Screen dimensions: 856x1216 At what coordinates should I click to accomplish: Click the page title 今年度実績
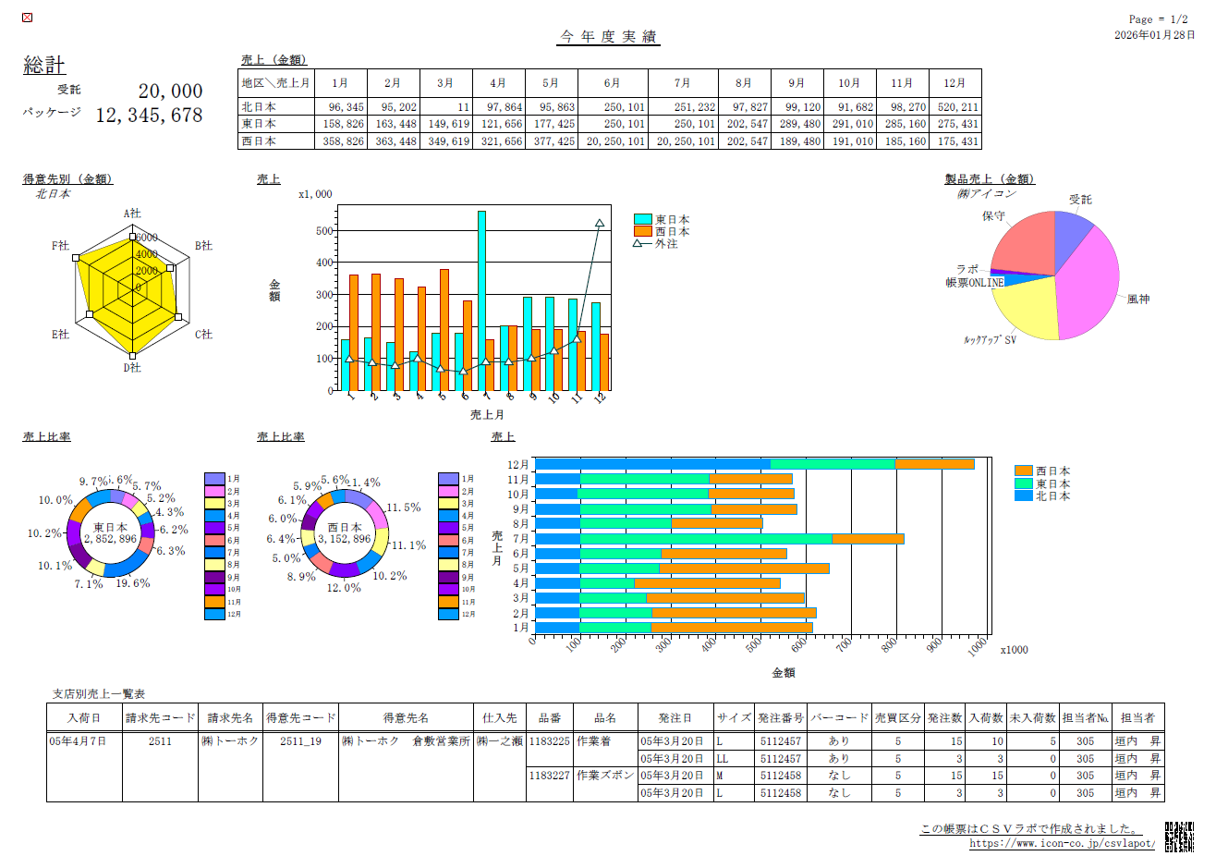pos(608,37)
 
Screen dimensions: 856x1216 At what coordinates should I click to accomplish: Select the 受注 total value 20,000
pos(170,92)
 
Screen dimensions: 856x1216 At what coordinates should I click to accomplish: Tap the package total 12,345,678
pos(149,116)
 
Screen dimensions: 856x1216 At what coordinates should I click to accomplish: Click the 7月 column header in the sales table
pos(682,83)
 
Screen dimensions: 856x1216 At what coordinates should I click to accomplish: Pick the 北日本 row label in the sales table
pos(259,107)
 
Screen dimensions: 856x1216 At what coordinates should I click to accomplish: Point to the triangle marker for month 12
pos(600,224)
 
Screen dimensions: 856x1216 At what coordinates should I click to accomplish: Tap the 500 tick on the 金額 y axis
pos(324,231)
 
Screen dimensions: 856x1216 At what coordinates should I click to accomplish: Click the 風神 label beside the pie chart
pos(1137,300)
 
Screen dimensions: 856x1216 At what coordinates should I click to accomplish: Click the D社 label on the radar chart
pos(132,368)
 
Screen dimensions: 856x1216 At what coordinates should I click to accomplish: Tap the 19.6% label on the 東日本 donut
pos(132,583)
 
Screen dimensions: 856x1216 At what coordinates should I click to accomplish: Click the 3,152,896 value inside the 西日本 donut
pos(344,539)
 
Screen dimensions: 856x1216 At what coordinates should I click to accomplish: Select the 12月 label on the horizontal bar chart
pos(517,465)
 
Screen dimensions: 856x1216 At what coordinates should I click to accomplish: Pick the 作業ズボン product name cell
pos(605,776)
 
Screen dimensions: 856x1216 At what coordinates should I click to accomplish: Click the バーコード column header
pos(839,717)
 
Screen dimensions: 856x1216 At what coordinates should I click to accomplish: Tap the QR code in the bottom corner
pos(1179,836)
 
